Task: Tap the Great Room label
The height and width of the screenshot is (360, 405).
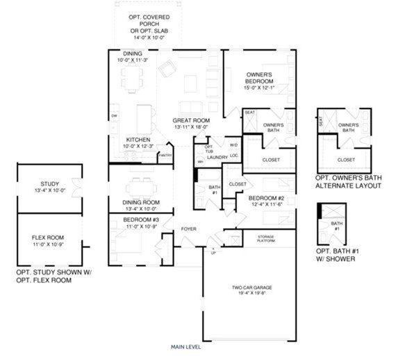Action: tap(187, 121)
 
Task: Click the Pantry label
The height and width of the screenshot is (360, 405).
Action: tap(165, 156)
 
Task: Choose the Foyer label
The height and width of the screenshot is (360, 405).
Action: tap(188, 229)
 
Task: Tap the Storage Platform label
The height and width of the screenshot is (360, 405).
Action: tap(266, 238)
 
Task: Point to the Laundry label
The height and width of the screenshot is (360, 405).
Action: tap(217, 158)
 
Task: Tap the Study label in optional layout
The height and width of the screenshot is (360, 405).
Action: tap(49, 184)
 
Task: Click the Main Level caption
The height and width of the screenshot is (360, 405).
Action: tap(187, 345)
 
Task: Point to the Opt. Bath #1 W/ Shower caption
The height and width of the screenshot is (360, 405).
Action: tap(336, 254)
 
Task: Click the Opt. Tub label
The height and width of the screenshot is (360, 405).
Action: tap(208, 149)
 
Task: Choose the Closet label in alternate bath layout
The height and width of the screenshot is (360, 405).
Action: tap(346, 159)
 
